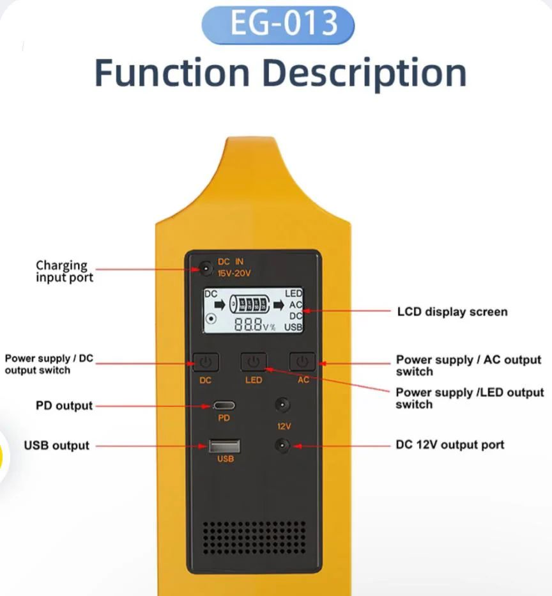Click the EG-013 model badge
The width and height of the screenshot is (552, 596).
277,24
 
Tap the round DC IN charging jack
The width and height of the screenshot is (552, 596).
204,269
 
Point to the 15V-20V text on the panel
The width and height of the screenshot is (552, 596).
234,273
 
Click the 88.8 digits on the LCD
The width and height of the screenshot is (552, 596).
248,324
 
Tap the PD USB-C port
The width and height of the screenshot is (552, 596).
224,405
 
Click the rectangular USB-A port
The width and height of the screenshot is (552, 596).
224,446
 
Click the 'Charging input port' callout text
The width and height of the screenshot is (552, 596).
64,271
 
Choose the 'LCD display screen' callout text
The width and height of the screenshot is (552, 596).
452,312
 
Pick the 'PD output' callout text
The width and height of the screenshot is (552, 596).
64,405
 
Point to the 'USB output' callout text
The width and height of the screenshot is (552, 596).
57,445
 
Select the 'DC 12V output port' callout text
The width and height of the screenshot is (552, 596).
450,444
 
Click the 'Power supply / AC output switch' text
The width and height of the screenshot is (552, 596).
468,365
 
